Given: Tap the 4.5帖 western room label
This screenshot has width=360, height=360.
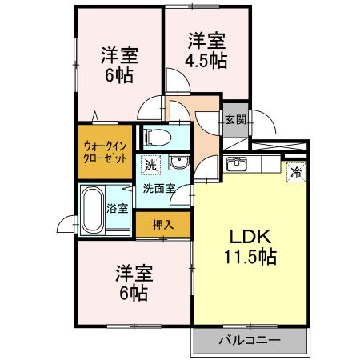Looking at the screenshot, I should coord(207,50).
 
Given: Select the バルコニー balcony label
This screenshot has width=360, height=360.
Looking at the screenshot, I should coord(250,340).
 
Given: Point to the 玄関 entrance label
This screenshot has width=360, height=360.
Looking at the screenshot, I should coord(234,120).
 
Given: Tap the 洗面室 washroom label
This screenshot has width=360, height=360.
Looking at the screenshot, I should coord(159,190).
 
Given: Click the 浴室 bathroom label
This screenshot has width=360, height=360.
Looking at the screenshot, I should coord(118,208).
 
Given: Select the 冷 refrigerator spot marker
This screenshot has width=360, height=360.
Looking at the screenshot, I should coord(296,171).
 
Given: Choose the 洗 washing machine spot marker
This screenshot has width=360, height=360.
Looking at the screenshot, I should coord(150,165).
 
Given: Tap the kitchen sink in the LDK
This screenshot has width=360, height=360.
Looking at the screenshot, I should coord(238,166).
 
